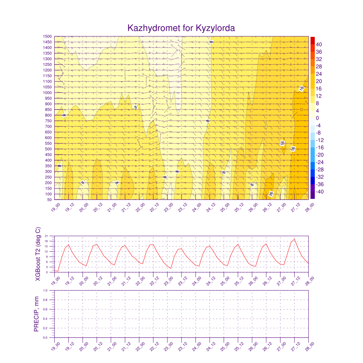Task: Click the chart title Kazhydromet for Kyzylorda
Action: coord(181,28)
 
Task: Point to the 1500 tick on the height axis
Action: coord(48,36)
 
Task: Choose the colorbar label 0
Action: coord(317,118)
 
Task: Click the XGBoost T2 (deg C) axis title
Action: coord(38,254)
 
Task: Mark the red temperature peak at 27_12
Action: coord(294,239)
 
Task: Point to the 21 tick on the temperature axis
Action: coord(51,235)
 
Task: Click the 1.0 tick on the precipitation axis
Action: coord(50,290)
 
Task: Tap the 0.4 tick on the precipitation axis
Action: coord(50,319)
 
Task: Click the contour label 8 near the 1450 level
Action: coord(211,42)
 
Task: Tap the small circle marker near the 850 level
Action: coord(301,110)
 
